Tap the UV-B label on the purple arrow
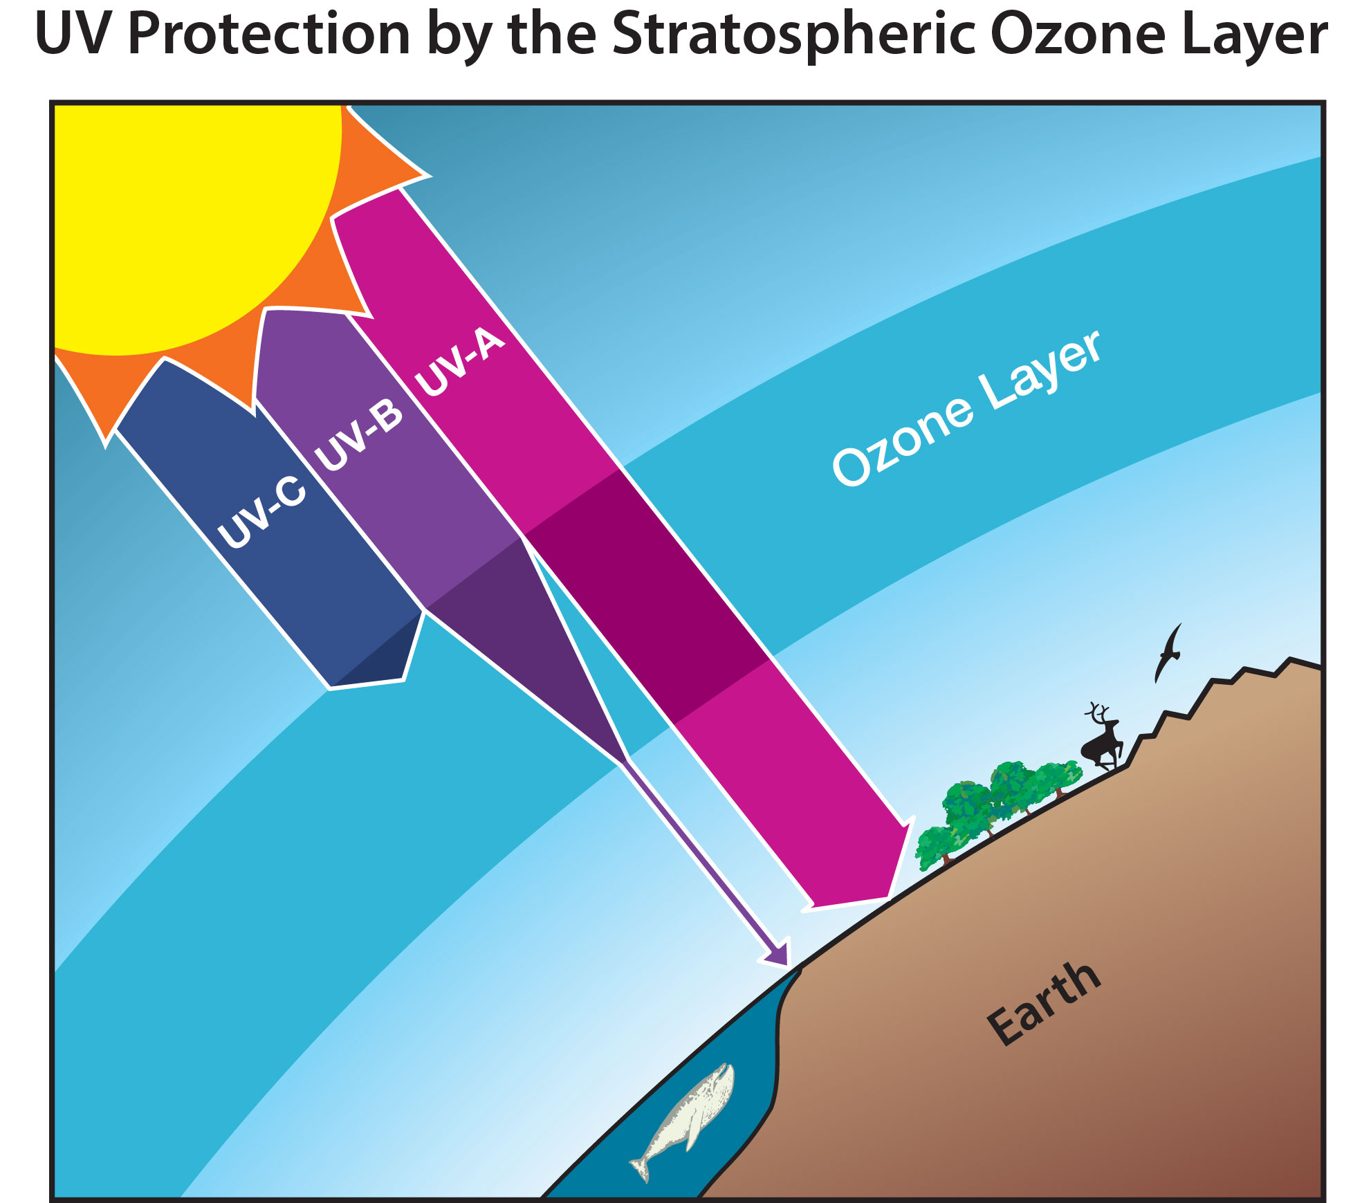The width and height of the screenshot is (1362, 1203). [x=358, y=435]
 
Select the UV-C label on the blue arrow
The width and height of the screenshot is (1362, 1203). [x=261, y=513]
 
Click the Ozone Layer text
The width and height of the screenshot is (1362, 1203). [x=966, y=407]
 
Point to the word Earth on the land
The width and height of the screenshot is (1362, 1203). [x=1044, y=1003]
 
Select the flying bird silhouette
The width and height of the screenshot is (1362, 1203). [x=1168, y=652]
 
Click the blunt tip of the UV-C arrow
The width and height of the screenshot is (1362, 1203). [x=367, y=683]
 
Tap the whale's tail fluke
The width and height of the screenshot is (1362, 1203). [x=641, y=1169]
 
